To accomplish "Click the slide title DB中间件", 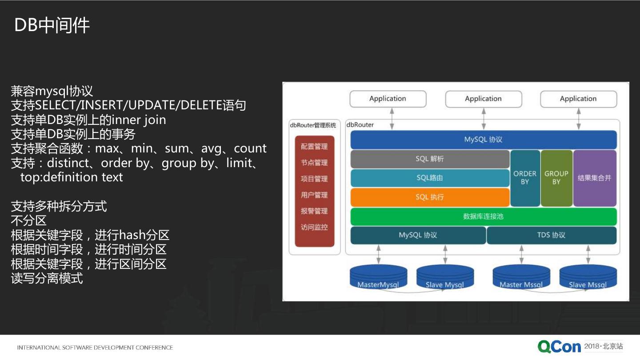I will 52,25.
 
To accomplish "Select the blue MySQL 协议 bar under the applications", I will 483,140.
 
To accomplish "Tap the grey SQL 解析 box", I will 429,159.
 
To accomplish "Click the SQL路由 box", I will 429,178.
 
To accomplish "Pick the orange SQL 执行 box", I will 429,197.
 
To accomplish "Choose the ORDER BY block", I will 525,178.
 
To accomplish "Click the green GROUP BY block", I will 556,178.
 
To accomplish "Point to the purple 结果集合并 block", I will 595,178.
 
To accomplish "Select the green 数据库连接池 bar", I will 483,216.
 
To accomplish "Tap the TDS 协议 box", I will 551,235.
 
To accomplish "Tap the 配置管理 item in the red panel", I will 314,147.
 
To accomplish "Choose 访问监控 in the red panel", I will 314,227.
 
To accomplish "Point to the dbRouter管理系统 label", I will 313,125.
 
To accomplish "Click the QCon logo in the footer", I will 559,347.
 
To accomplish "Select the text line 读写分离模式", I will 47,279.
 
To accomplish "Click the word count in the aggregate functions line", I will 250,148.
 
